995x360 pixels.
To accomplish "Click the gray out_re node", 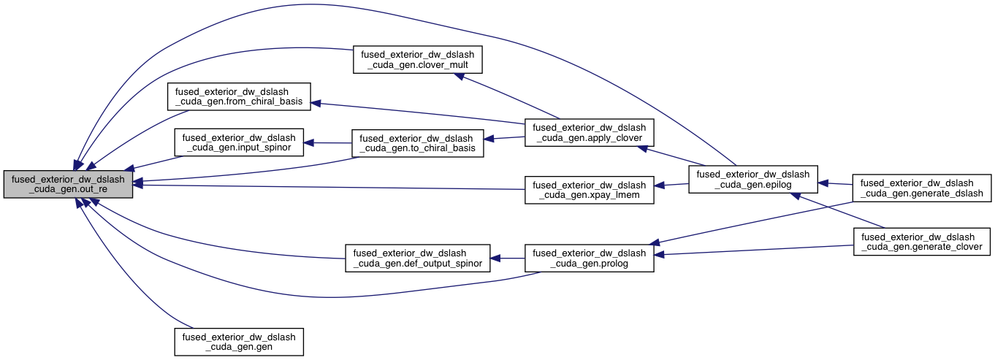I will click(x=68, y=185).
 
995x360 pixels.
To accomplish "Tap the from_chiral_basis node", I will click(x=239, y=96).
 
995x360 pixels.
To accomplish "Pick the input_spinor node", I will click(x=239, y=142).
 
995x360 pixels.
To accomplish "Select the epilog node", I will click(x=752, y=180).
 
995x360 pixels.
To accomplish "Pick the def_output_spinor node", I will click(x=417, y=258).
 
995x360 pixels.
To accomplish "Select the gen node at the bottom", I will click(x=239, y=342).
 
